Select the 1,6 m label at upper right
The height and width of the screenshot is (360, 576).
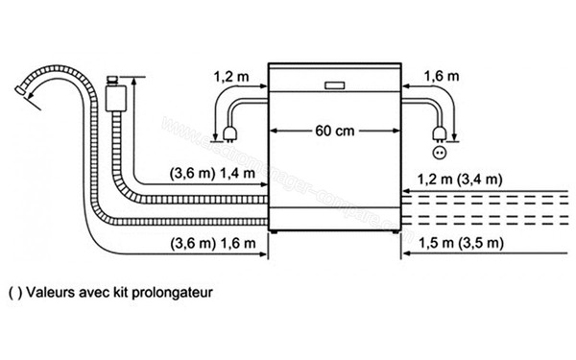[x=441, y=73]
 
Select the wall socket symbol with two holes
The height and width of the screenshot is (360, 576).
[x=441, y=152]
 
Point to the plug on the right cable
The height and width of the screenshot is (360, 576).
[x=441, y=131]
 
